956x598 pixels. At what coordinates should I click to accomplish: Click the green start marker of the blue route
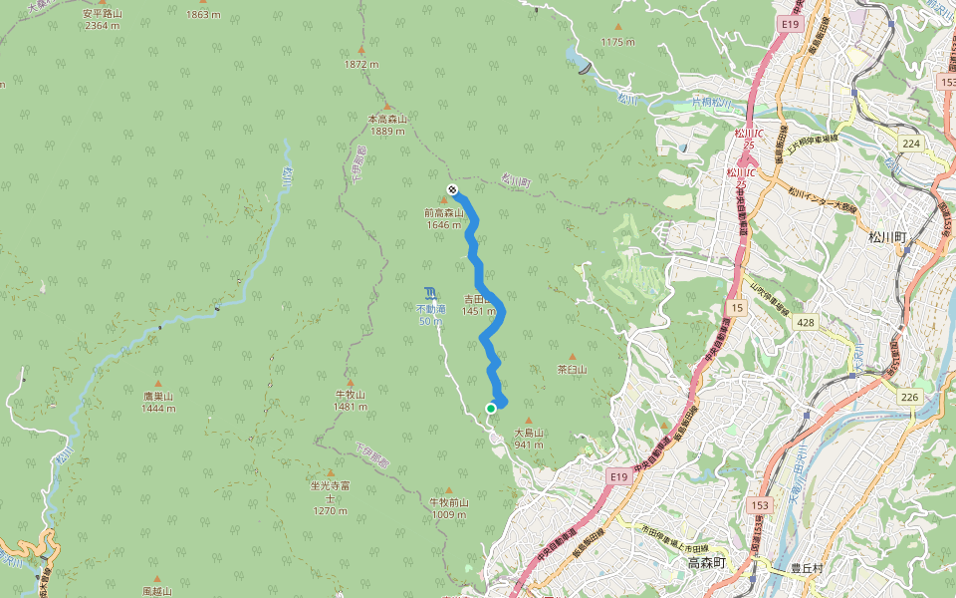tap(491, 408)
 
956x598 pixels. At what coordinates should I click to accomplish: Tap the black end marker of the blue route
tap(452, 188)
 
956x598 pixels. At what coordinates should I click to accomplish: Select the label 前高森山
tap(444, 213)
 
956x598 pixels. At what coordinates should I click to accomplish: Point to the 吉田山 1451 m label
tap(479, 305)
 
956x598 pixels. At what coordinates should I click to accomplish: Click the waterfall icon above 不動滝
tap(430, 292)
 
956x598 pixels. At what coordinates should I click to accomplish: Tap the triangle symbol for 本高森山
tap(387, 106)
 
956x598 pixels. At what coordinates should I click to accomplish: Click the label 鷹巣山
tap(158, 396)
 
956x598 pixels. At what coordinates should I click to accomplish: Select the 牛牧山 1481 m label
tap(351, 400)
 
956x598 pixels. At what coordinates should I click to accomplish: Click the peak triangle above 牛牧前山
tap(448, 490)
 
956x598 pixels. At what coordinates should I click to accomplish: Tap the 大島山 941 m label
tap(529, 439)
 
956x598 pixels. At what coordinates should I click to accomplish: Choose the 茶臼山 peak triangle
tap(573, 357)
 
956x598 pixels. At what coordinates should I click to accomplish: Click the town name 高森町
tap(710, 564)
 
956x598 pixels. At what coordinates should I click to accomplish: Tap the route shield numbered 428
tap(806, 322)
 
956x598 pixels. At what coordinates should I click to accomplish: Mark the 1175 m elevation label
tap(617, 41)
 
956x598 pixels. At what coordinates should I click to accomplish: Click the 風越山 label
tap(158, 590)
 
